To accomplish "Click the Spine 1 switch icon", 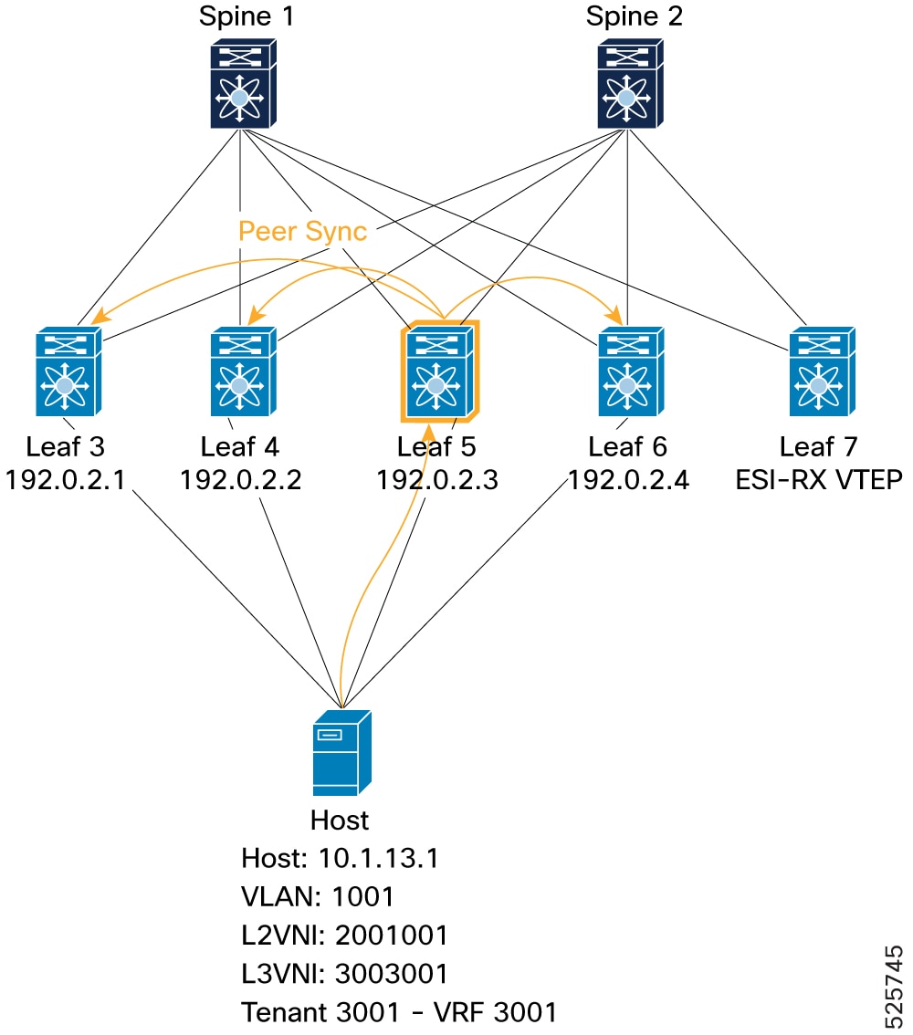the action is pos(243,83).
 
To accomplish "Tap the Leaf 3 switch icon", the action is pos(68,371).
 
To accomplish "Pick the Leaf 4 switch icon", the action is pos(243,371).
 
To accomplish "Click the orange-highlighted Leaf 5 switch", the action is pos(439,371).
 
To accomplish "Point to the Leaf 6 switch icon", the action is pos(631,371).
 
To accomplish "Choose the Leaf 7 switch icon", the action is pos(822,371).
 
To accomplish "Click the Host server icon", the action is pos(342,753).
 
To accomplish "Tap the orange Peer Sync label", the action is pos(302,231).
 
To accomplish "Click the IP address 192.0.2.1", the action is pos(65,480).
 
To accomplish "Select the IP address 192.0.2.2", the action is pos(240,480).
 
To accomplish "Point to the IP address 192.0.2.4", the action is pos(628,480).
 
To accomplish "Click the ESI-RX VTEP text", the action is pos(819,480).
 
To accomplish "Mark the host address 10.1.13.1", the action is pos(378,858).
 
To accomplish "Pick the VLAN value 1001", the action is pos(363,896).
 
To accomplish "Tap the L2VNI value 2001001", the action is pos(392,936).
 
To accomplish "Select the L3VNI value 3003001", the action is pos(392,974).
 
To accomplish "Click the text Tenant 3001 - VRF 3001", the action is pos(399,1012).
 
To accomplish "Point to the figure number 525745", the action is pos(893,987).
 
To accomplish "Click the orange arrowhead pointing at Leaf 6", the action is pos(617,316).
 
